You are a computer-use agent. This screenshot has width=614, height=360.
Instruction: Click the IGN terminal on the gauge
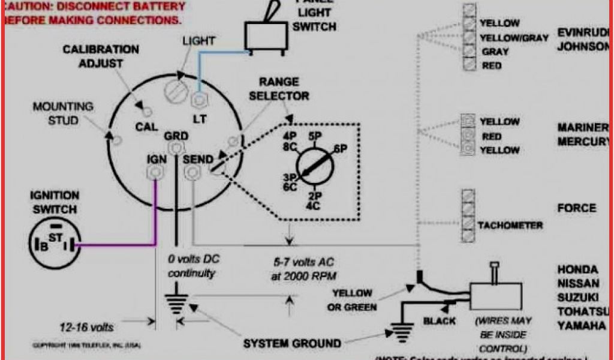[155, 173]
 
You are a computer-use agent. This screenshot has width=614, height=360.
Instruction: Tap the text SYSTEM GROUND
[292, 344]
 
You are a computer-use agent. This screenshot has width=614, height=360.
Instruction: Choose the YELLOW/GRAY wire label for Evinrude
[514, 38]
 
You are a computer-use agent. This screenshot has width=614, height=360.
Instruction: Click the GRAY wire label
[495, 52]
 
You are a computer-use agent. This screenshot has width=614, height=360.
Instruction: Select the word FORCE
[577, 209]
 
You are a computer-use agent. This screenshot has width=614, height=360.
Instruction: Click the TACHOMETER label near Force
[510, 226]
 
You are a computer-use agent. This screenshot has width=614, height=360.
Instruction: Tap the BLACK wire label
[440, 321]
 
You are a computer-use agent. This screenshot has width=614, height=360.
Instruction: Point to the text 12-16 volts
[88, 328]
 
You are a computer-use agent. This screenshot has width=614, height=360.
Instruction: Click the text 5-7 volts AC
[302, 263]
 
